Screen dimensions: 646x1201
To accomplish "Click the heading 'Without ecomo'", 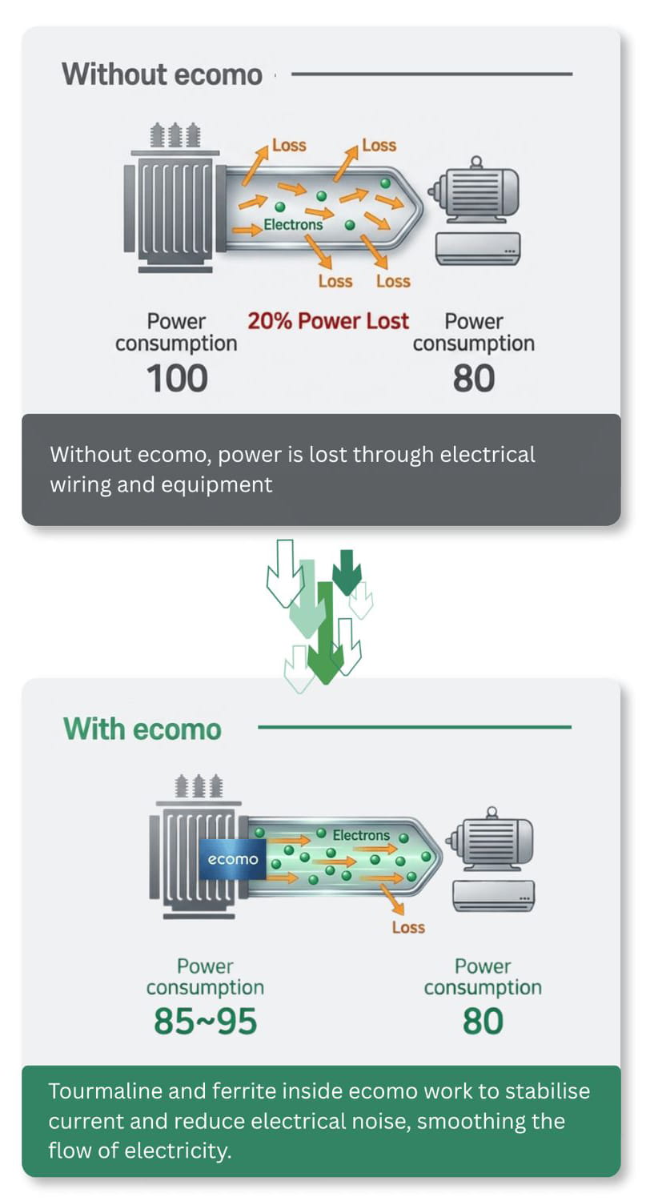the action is [x=162, y=74].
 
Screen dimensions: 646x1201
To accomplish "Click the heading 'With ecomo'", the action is [x=142, y=729].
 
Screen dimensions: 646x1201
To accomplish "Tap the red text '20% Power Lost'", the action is [x=328, y=320].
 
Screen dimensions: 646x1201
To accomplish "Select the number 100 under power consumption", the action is [x=177, y=379].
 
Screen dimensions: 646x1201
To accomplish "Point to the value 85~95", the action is [x=205, y=1021].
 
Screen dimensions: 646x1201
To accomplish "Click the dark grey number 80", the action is [x=473, y=379].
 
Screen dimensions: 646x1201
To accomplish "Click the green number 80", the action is [x=483, y=1021].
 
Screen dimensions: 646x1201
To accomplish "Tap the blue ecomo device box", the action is [x=233, y=859].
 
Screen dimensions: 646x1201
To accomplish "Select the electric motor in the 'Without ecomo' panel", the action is [x=474, y=191].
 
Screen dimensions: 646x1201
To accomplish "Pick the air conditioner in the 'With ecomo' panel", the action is [x=494, y=896].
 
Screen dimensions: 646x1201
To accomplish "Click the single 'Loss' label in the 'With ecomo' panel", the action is [x=408, y=927].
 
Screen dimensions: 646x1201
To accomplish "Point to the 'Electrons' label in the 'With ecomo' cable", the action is [x=361, y=835].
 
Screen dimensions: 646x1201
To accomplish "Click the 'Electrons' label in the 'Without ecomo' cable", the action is [x=293, y=225].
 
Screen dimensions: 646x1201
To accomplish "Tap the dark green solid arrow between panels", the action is [x=347, y=572].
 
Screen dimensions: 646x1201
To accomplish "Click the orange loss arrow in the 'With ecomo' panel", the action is [x=392, y=898].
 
